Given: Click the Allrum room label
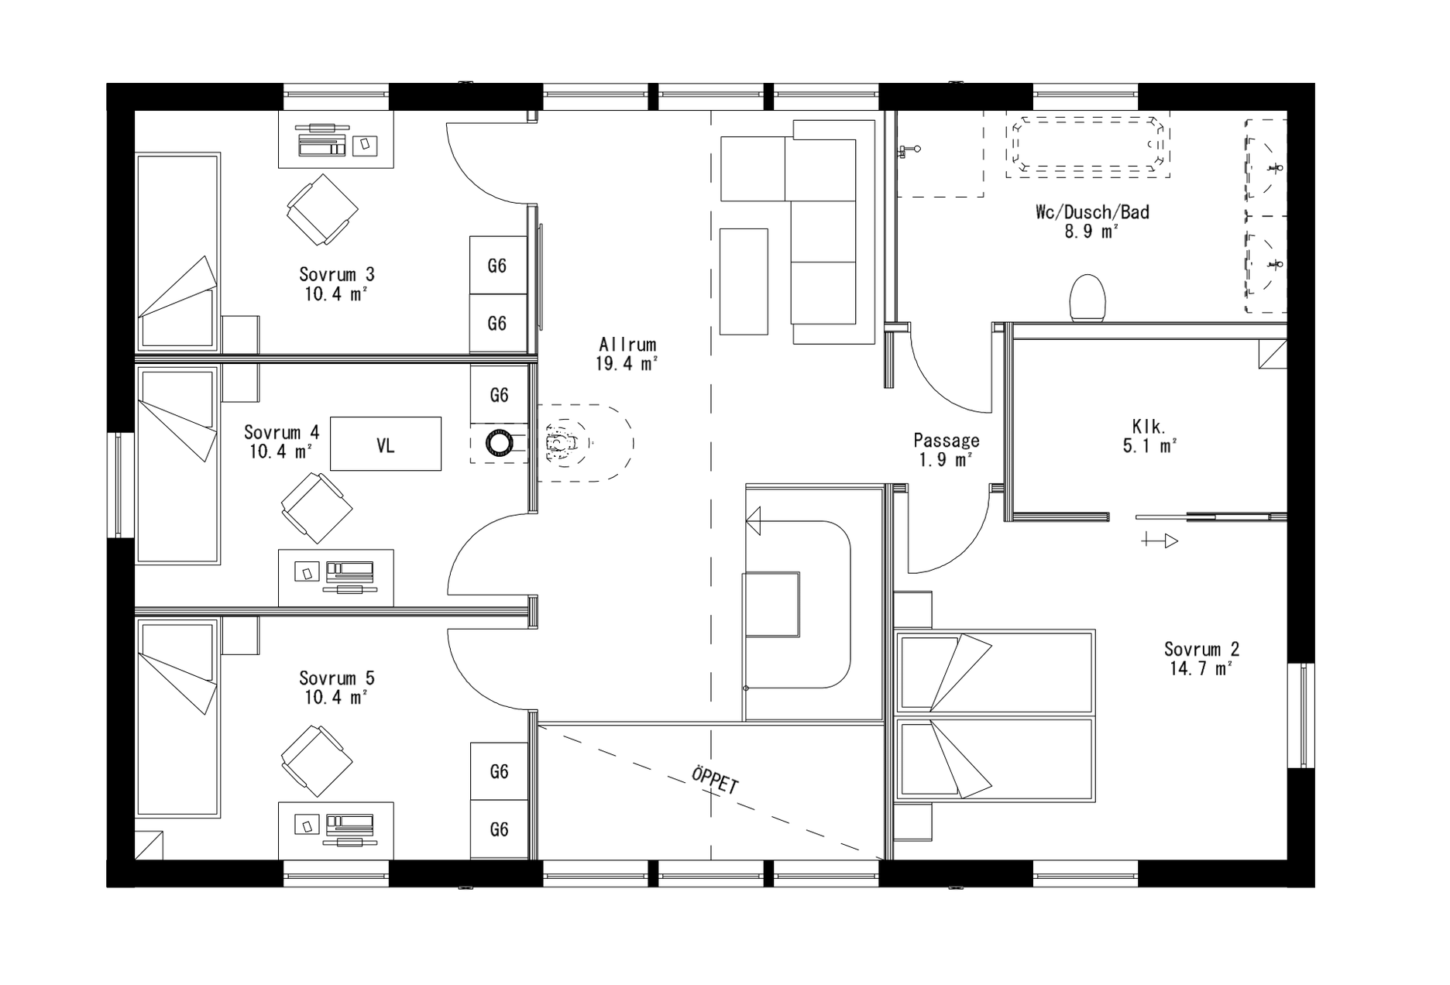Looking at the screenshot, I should coord(627,345).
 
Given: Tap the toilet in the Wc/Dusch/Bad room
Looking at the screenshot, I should coord(1087,298).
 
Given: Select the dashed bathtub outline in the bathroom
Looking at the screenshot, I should coord(1087,146).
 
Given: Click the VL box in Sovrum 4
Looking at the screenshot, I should coord(386,444).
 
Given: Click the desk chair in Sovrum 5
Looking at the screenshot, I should coord(316,760).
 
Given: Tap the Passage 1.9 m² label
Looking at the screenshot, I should coord(946,450).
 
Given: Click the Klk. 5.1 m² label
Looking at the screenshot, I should coord(1149,436).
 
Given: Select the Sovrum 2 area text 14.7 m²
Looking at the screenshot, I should coord(1200,669).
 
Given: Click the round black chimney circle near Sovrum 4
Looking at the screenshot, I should coord(498,443).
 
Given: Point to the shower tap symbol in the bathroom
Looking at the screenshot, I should coord(909,149).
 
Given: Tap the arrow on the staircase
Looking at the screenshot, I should coord(754,521).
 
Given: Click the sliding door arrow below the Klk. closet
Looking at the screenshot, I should coord(1160,541).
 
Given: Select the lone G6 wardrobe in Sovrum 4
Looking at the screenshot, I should coord(499,395).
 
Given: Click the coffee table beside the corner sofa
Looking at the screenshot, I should coord(744,281).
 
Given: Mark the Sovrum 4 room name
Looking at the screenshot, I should coord(281,432).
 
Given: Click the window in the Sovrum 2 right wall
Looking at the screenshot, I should coord(1301,716).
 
